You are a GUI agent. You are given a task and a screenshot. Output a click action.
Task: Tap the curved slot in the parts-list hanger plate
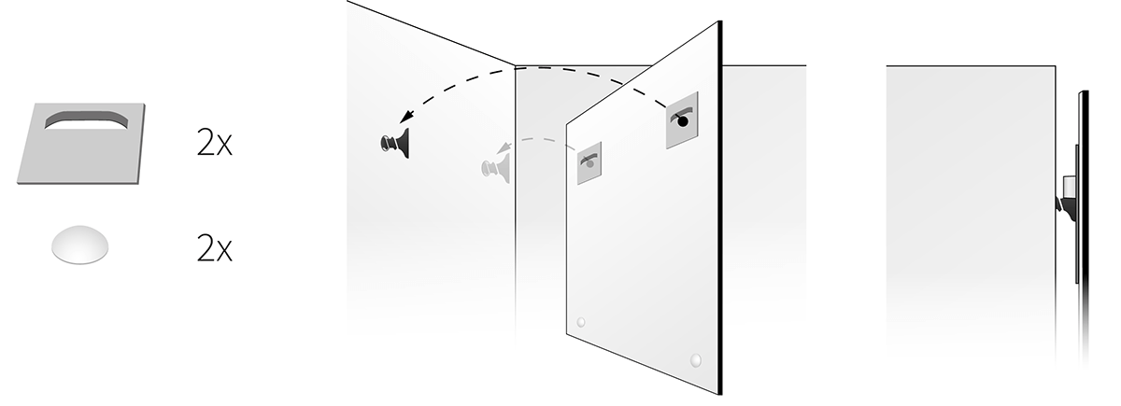coord(86,120)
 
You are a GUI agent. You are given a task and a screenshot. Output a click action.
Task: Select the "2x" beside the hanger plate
coord(215,143)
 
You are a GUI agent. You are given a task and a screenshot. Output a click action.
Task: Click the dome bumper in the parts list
coord(80,244)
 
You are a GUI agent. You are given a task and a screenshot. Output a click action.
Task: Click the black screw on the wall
coord(395,143)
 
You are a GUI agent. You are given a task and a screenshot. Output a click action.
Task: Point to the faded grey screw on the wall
coord(495,168)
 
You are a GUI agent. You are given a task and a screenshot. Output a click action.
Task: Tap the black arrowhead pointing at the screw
coord(407,116)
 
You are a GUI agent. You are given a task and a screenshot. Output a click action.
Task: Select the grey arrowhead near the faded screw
coord(504,148)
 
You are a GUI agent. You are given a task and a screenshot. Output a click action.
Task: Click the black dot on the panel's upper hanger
coord(683,121)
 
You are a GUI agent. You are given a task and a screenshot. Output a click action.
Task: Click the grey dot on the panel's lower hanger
coord(590,163)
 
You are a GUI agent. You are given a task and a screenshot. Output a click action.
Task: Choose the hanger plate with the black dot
coord(682,120)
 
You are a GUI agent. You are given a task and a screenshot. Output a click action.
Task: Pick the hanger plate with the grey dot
coord(589,163)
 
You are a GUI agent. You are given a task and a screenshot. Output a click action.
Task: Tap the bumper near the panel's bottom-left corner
coord(581,322)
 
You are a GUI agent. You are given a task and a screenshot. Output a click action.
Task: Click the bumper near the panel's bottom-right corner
coord(696,360)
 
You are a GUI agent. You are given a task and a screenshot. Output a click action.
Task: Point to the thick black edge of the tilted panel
coord(720,207)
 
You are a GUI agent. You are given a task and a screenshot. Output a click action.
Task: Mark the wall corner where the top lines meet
coord(516,65)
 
